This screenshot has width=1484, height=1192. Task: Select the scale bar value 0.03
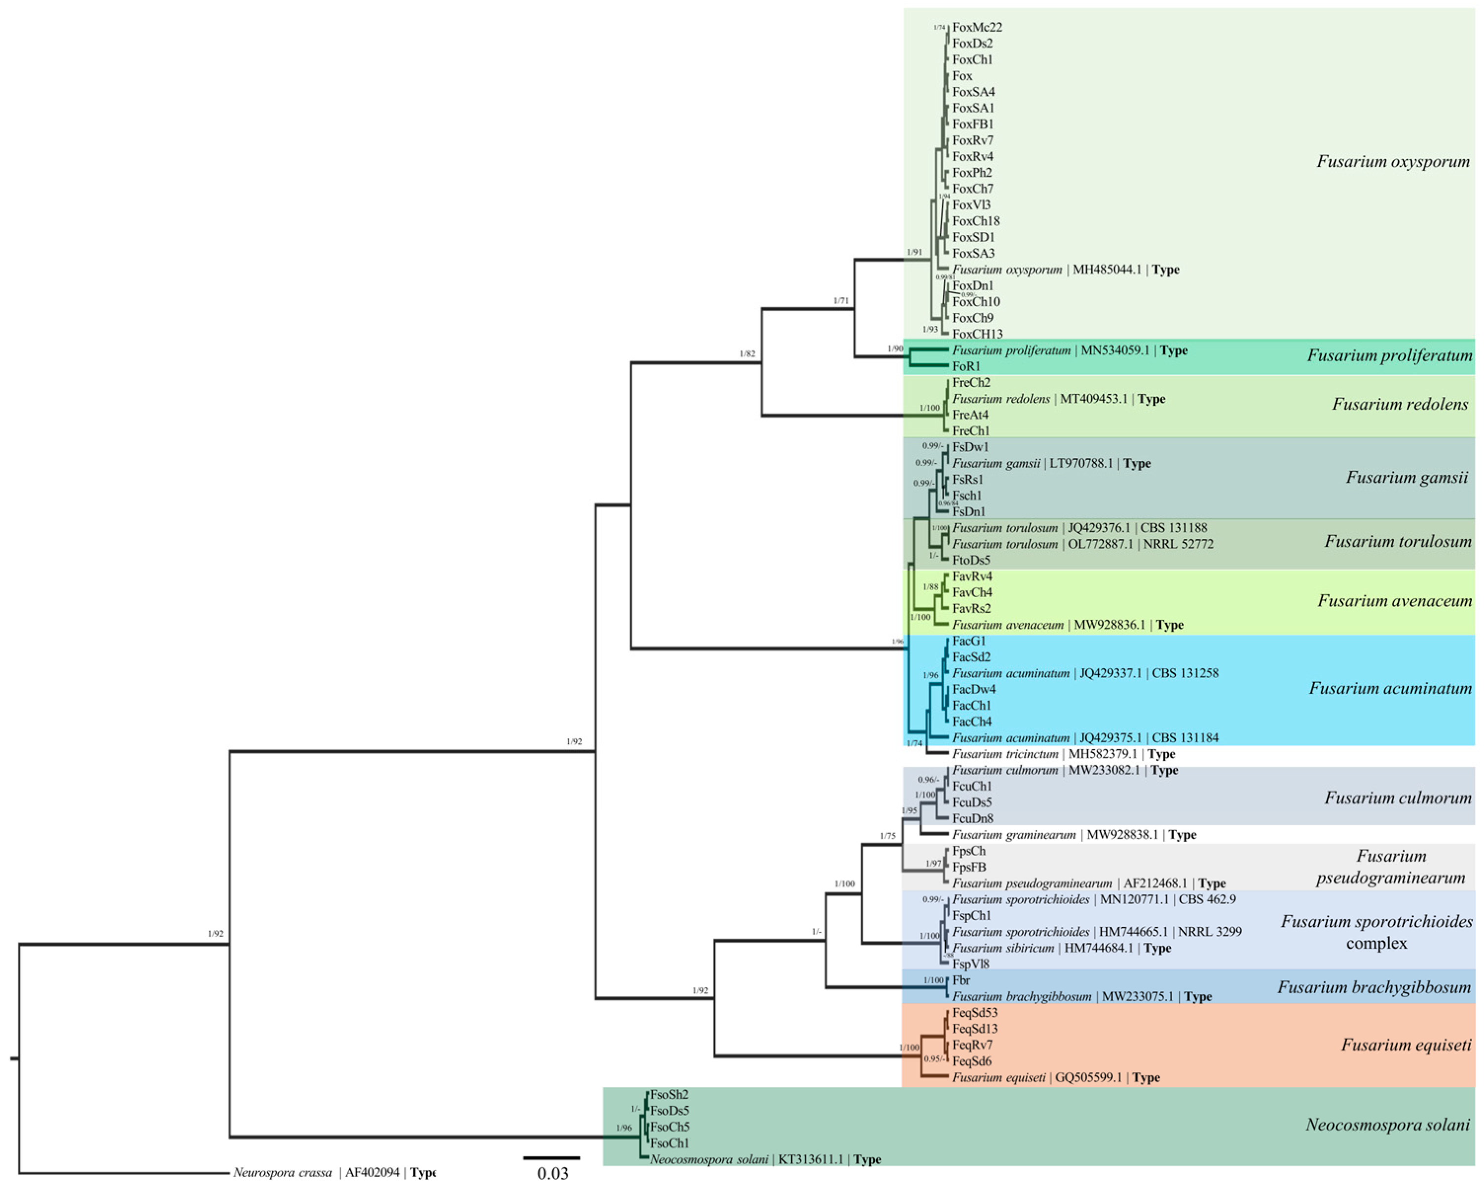point(553,1173)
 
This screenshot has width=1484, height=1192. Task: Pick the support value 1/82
point(747,354)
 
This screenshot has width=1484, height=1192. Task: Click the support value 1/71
point(841,301)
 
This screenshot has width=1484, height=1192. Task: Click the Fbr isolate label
point(961,980)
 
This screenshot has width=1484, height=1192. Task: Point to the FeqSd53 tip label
point(975,1012)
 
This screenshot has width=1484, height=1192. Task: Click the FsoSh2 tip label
point(669,1094)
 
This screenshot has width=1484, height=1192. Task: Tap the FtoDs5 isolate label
point(970,560)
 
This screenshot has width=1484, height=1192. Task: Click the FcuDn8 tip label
point(972,818)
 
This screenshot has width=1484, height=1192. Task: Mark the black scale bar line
point(552,1157)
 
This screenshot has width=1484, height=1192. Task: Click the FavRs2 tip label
point(971,609)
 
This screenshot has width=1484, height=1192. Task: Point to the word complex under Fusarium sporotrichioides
point(1376,943)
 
